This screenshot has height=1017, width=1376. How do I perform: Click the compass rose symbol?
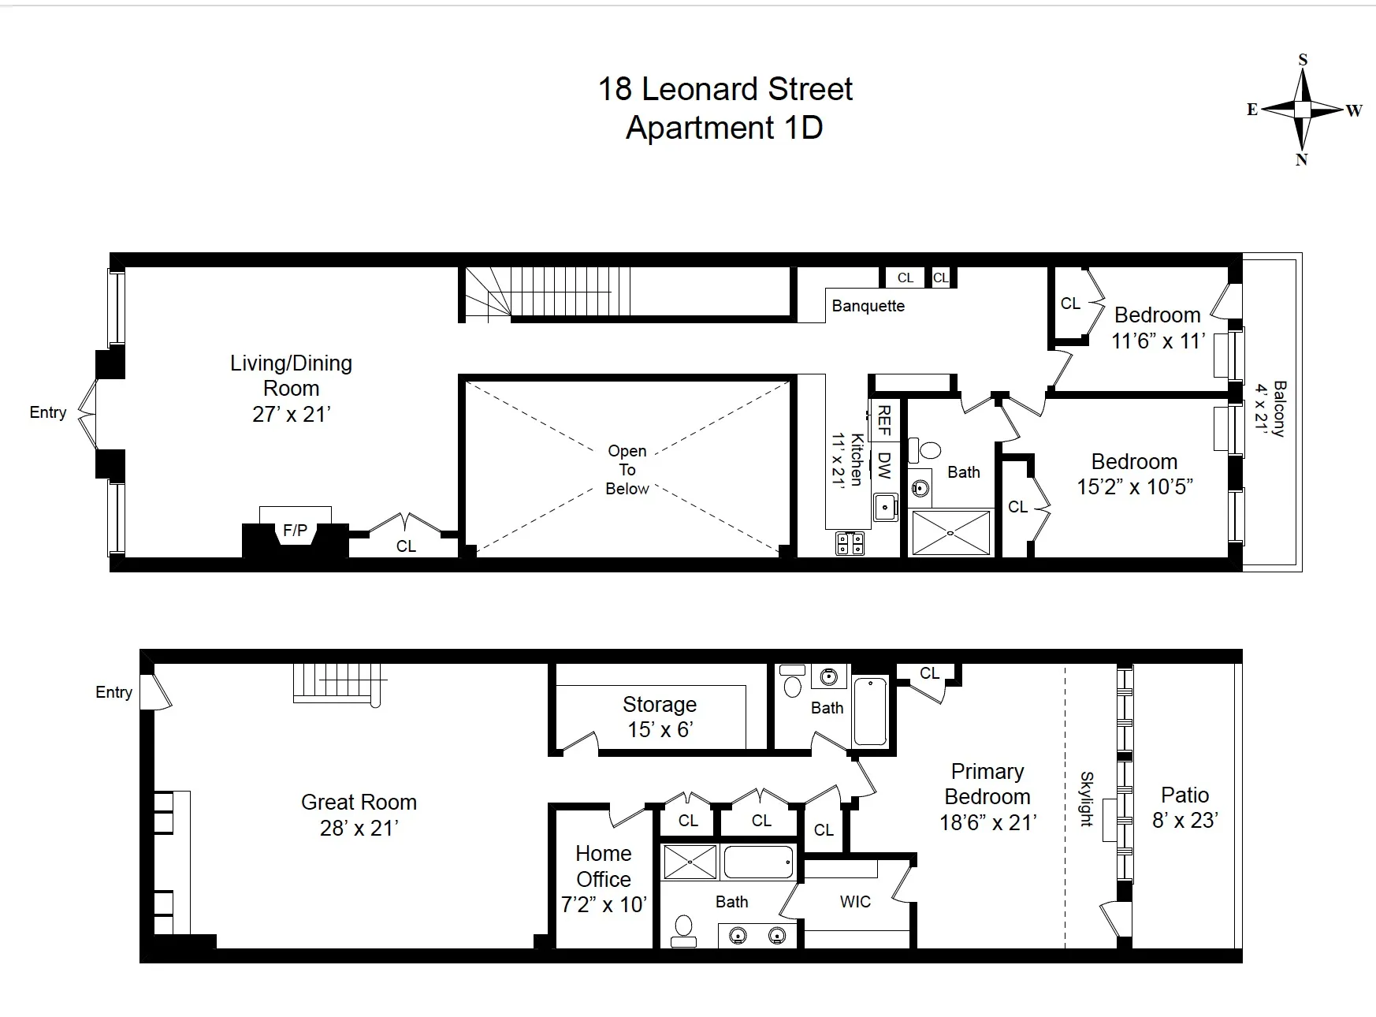click(1303, 109)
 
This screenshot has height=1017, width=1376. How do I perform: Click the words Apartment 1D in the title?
click(724, 128)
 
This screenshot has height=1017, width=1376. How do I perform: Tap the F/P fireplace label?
click(295, 531)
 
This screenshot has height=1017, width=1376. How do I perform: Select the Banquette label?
click(868, 306)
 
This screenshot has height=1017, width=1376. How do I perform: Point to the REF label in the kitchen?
click(883, 420)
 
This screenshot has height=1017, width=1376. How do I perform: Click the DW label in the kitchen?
click(883, 465)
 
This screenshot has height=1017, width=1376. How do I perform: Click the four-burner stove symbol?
click(850, 542)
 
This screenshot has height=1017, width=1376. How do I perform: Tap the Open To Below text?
click(627, 470)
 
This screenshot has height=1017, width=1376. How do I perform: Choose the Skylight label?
click(1087, 799)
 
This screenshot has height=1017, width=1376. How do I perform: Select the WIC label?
click(855, 901)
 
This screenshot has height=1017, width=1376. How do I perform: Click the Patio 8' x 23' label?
click(1184, 807)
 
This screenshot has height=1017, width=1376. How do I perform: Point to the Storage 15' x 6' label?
click(660, 717)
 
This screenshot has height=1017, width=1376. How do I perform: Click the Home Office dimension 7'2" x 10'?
click(604, 904)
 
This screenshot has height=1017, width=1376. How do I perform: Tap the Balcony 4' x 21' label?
click(1270, 408)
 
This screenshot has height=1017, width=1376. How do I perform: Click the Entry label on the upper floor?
click(48, 412)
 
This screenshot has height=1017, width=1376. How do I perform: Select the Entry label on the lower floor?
click(113, 692)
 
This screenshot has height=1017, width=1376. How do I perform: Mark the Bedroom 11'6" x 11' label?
click(1157, 328)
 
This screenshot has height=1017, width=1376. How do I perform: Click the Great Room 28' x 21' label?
click(359, 814)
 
